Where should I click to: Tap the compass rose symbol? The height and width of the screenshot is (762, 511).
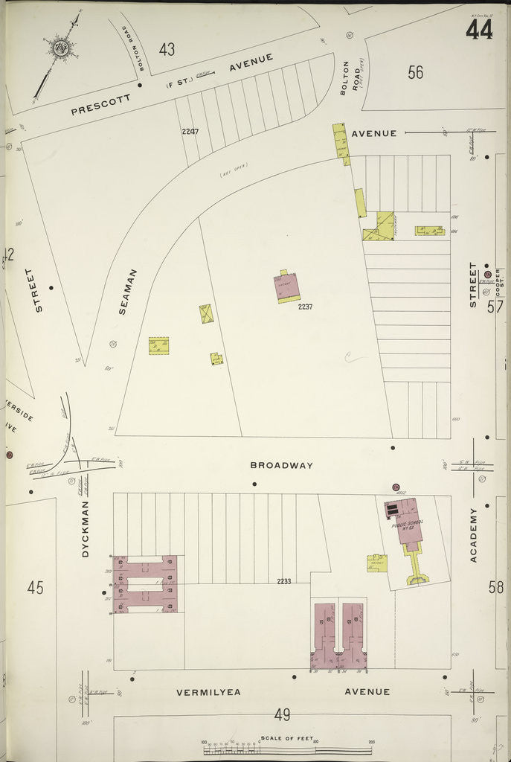tap(61, 48)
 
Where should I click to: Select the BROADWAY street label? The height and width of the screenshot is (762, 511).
tap(281, 465)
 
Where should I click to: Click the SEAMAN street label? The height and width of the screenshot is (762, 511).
tap(123, 291)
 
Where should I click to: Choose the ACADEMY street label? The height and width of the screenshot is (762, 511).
tap(473, 534)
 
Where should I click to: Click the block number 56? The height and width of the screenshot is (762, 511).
tap(415, 72)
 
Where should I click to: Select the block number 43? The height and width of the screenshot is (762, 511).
tap(167, 49)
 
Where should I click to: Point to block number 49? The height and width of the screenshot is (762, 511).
tap(282, 715)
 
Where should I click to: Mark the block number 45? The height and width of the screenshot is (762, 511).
tap(35, 587)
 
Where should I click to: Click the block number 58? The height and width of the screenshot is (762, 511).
tap(496, 587)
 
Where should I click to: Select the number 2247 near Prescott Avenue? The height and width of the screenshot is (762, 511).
tap(190, 132)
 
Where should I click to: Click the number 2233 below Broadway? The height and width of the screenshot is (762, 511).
tap(283, 581)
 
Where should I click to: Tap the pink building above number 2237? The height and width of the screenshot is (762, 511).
tap(288, 284)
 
